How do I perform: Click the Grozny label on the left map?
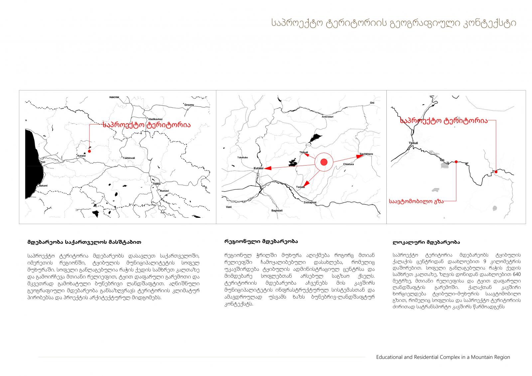tap(189, 105)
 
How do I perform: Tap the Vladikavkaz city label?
tap(155, 119)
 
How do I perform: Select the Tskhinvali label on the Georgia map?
tap(129, 158)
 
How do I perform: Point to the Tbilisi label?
tap(157, 184)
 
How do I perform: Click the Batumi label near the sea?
tap(43, 186)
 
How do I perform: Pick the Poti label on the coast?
tap(43, 162)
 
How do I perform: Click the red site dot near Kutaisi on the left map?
tap(89, 151)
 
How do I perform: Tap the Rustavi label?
tap(164, 191)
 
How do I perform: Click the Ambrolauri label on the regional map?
tap(328, 117)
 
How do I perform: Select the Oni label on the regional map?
tap(372, 103)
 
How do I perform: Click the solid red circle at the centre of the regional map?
tap(324, 162)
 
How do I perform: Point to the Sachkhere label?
tap(366, 154)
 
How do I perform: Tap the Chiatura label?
tap(348, 164)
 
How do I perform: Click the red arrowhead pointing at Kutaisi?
tap(268, 168)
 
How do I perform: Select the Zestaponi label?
tap(310, 202)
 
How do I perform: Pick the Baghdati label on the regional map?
tap(277, 210)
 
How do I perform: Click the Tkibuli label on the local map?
tap(413, 143)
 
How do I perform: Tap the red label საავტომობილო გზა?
tap(416, 201)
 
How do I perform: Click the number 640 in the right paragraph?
tap(517, 274)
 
